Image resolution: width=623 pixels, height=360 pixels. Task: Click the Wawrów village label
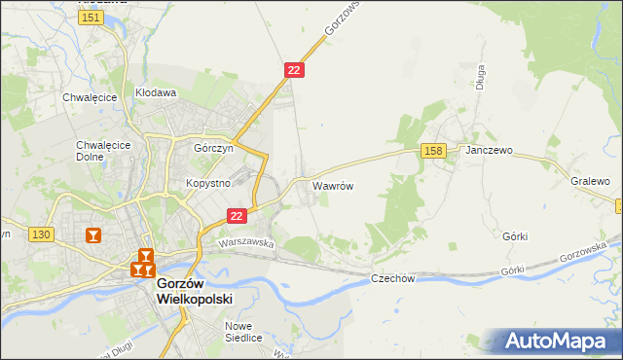(332, 184)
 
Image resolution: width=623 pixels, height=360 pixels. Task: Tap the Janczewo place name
(490, 151)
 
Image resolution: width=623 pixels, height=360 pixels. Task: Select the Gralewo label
(590, 181)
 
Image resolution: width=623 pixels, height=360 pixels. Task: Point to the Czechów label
(393, 278)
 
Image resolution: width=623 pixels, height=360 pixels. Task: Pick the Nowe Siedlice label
(243, 332)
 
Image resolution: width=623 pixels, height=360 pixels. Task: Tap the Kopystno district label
(207, 183)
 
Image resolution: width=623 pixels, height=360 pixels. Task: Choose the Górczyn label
(213, 150)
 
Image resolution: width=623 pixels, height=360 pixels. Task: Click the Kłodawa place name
(156, 93)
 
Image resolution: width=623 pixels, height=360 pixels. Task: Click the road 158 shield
(434, 150)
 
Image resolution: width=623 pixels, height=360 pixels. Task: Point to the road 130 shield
(40, 234)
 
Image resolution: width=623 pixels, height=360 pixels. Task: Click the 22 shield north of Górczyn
(295, 70)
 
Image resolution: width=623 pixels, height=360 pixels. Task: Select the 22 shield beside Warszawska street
(236, 215)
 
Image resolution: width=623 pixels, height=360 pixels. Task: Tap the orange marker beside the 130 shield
(93, 235)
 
